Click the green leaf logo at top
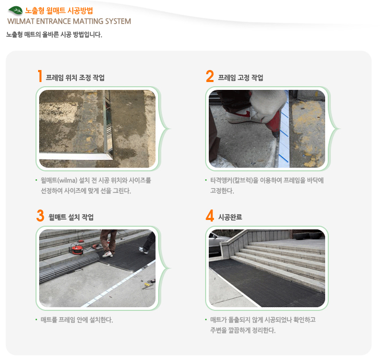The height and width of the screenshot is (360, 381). click(x=15, y=10)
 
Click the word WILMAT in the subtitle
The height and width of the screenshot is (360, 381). click(x=21, y=21)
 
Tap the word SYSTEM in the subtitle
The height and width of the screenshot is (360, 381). click(x=118, y=21)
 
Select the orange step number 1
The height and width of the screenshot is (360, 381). click(x=40, y=76)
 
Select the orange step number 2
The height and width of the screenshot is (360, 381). click(x=210, y=76)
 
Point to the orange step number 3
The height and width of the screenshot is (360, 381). click(x=40, y=215)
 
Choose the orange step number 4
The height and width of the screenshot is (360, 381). click(x=210, y=215)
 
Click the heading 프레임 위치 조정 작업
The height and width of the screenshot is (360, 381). click(x=75, y=78)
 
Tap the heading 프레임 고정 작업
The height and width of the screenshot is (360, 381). click(x=241, y=78)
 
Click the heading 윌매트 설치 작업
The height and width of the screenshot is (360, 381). click(x=71, y=217)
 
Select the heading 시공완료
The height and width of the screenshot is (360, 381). click(x=230, y=217)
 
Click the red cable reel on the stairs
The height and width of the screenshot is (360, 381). click(x=77, y=250)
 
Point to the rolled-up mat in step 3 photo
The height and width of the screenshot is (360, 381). click(x=68, y=267)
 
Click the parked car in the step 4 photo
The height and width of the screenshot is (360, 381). click(x=215, y=243)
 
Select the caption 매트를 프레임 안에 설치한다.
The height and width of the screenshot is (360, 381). click(x=77, y=320)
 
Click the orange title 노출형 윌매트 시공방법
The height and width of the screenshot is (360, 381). click(x=59, y=10)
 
